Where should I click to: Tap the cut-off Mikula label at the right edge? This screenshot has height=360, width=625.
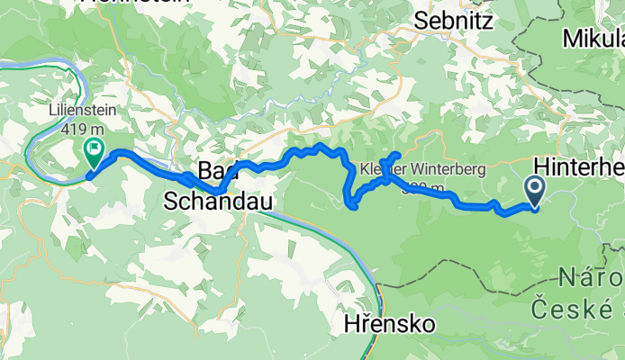click(x=593, y=40)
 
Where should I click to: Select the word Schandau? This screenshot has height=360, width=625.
click(x=217, y=202)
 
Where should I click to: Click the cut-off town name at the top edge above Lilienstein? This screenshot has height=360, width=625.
click(x=135, y=3)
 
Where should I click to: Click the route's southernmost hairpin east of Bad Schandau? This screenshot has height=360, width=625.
click(x=353, y=206)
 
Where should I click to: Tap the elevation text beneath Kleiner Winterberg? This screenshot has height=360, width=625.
click(x=423, y=188)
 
